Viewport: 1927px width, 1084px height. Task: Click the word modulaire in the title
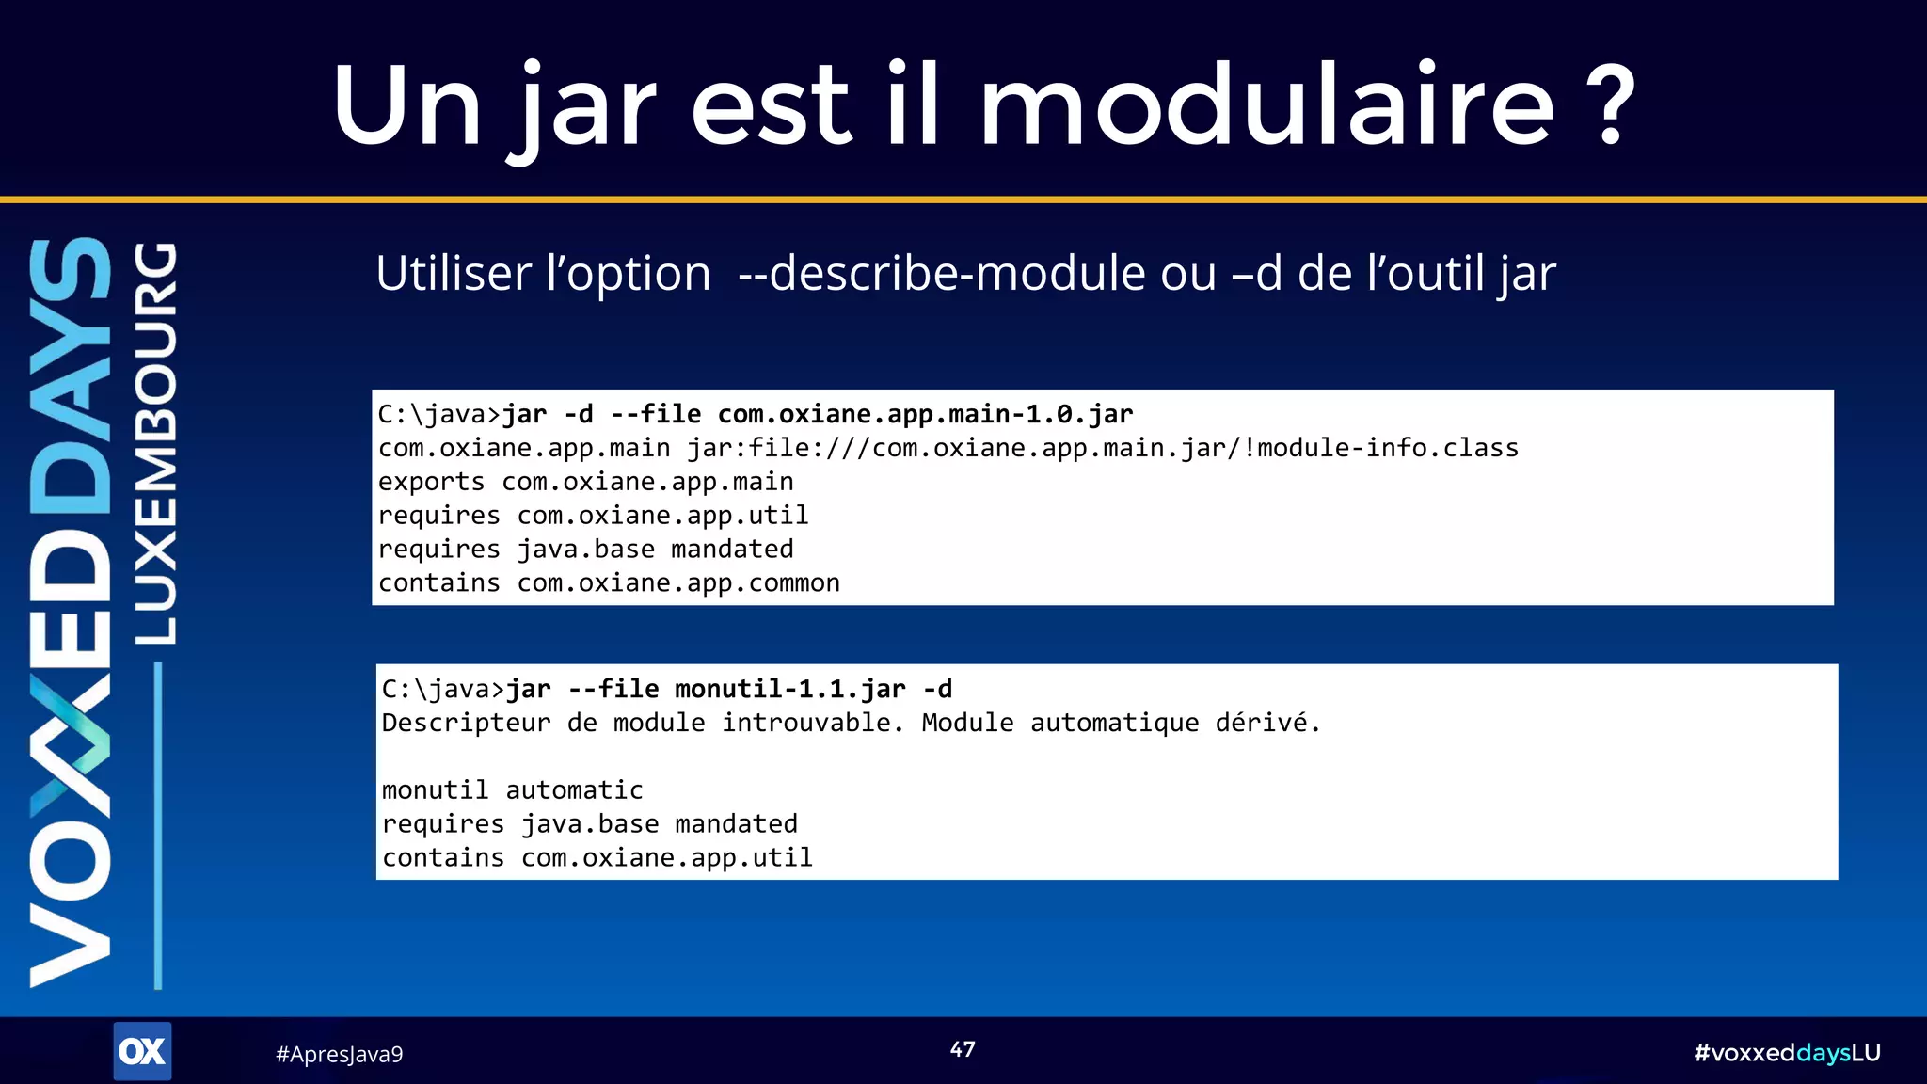pos(1266,105)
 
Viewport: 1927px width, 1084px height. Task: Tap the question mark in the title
pos(1611,107)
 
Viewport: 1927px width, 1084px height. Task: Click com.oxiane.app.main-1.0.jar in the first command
pos(925,414)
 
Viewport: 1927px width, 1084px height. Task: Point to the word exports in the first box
pos(431,482)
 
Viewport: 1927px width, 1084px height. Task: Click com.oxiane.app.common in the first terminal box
pos(678,583)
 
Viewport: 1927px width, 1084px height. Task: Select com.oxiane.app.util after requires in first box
pos(662,516)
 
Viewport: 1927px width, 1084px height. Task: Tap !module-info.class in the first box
pos(1380,448)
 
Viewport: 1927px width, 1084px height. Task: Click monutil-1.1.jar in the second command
pos(789,690)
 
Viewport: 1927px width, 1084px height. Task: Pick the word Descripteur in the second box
pos(466,724)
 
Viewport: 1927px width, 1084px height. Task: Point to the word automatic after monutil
pos(574,790)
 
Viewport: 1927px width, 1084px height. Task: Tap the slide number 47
pos(963,1049)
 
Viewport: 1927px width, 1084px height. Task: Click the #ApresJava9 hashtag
pos(339,1054)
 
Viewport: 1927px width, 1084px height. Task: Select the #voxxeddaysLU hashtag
pos(1786,1053)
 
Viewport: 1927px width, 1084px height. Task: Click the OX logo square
pos(142,1051)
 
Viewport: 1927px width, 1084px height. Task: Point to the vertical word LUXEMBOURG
pos(154,443)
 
